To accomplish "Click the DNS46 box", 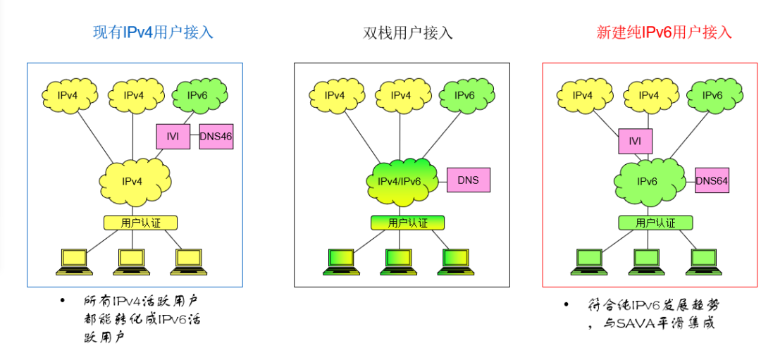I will click(216, 136).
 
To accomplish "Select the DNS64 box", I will click(712, 181).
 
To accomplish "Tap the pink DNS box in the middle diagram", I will click(468, 180).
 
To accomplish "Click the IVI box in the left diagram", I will click(173, 136).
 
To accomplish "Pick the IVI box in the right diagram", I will click(635, 141).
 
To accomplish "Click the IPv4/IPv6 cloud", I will click(400, 182).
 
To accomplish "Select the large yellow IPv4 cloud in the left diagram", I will click(132, 181).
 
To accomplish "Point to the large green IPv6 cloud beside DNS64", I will click(647, 182).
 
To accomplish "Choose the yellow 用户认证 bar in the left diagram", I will click(140, 223).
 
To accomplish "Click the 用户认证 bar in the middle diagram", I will click(407, 223).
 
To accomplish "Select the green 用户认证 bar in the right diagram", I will click(655, 223).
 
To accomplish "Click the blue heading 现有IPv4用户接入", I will click(153, 32).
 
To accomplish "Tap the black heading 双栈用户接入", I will click(407, 33).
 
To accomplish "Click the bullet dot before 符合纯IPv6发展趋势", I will click(565, 304).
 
